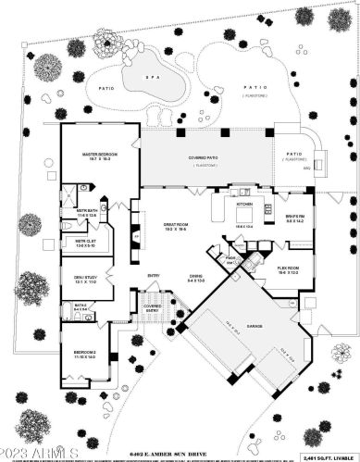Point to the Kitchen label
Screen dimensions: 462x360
click(x=244, y=203)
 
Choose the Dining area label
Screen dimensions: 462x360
click(x=196, y=276)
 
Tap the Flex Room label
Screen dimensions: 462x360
click(x=288, y=269)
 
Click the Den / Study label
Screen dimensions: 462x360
click(x=85, y=279)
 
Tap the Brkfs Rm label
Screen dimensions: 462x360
click(x=295, y=219)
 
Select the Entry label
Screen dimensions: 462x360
click(x=154, y=275)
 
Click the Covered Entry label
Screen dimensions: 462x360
click(x=153, y=306)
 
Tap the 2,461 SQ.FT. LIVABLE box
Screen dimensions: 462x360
click(x=329, y=456)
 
